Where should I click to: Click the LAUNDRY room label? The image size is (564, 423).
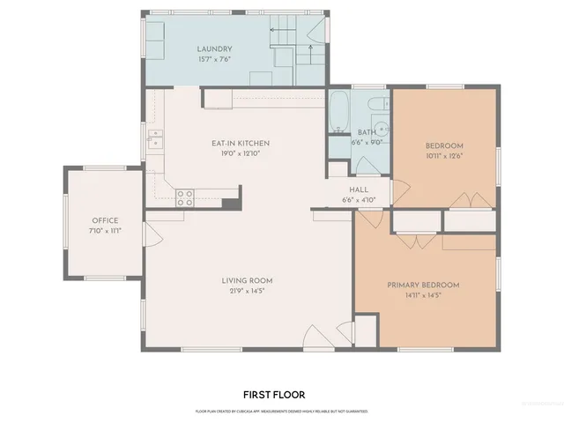(x=214, y=49)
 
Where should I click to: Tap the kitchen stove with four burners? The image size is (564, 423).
(x=185, y=198)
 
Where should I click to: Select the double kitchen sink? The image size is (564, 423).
(x=155, y=139)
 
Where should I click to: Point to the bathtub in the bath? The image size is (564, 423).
(x=339, y=110)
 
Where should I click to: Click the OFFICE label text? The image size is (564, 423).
(x=105, y=220)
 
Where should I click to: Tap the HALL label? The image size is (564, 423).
(x=358, y=189)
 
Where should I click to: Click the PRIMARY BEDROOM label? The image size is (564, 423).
(x=423, y=286)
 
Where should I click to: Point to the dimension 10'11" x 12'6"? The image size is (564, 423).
(x=444, y=155)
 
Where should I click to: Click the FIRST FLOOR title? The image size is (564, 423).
(x=273, y=395)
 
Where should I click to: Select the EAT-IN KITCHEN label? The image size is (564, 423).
(x=240, y=144)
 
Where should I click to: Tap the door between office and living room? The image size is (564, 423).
(x=152, y=234)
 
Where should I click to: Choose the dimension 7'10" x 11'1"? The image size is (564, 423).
(x=105, y=230)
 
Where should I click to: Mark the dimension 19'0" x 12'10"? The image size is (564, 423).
(x=240, y=153)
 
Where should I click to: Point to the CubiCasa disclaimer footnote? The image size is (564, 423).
(x=281, y=411)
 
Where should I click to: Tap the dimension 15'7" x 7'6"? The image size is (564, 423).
(x=214, y=59)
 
